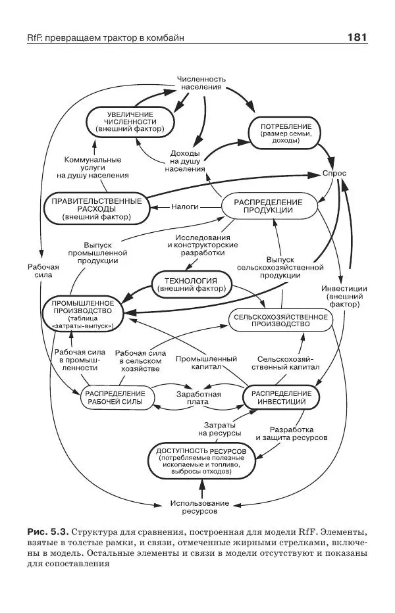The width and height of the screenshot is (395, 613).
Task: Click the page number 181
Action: pos(356,37)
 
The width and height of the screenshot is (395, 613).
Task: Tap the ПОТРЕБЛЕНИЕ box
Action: pos(285,130)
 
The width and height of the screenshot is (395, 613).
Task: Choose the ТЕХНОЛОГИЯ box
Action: pos(193,283)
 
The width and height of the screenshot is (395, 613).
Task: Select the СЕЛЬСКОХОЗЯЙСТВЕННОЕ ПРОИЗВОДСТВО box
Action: pos(279,321)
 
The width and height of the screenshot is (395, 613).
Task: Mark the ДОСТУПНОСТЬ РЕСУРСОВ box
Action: pos(201,460)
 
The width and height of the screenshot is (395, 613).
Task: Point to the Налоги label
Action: pos(185,207)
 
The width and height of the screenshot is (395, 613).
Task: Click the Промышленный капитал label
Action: pos(206,363)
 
